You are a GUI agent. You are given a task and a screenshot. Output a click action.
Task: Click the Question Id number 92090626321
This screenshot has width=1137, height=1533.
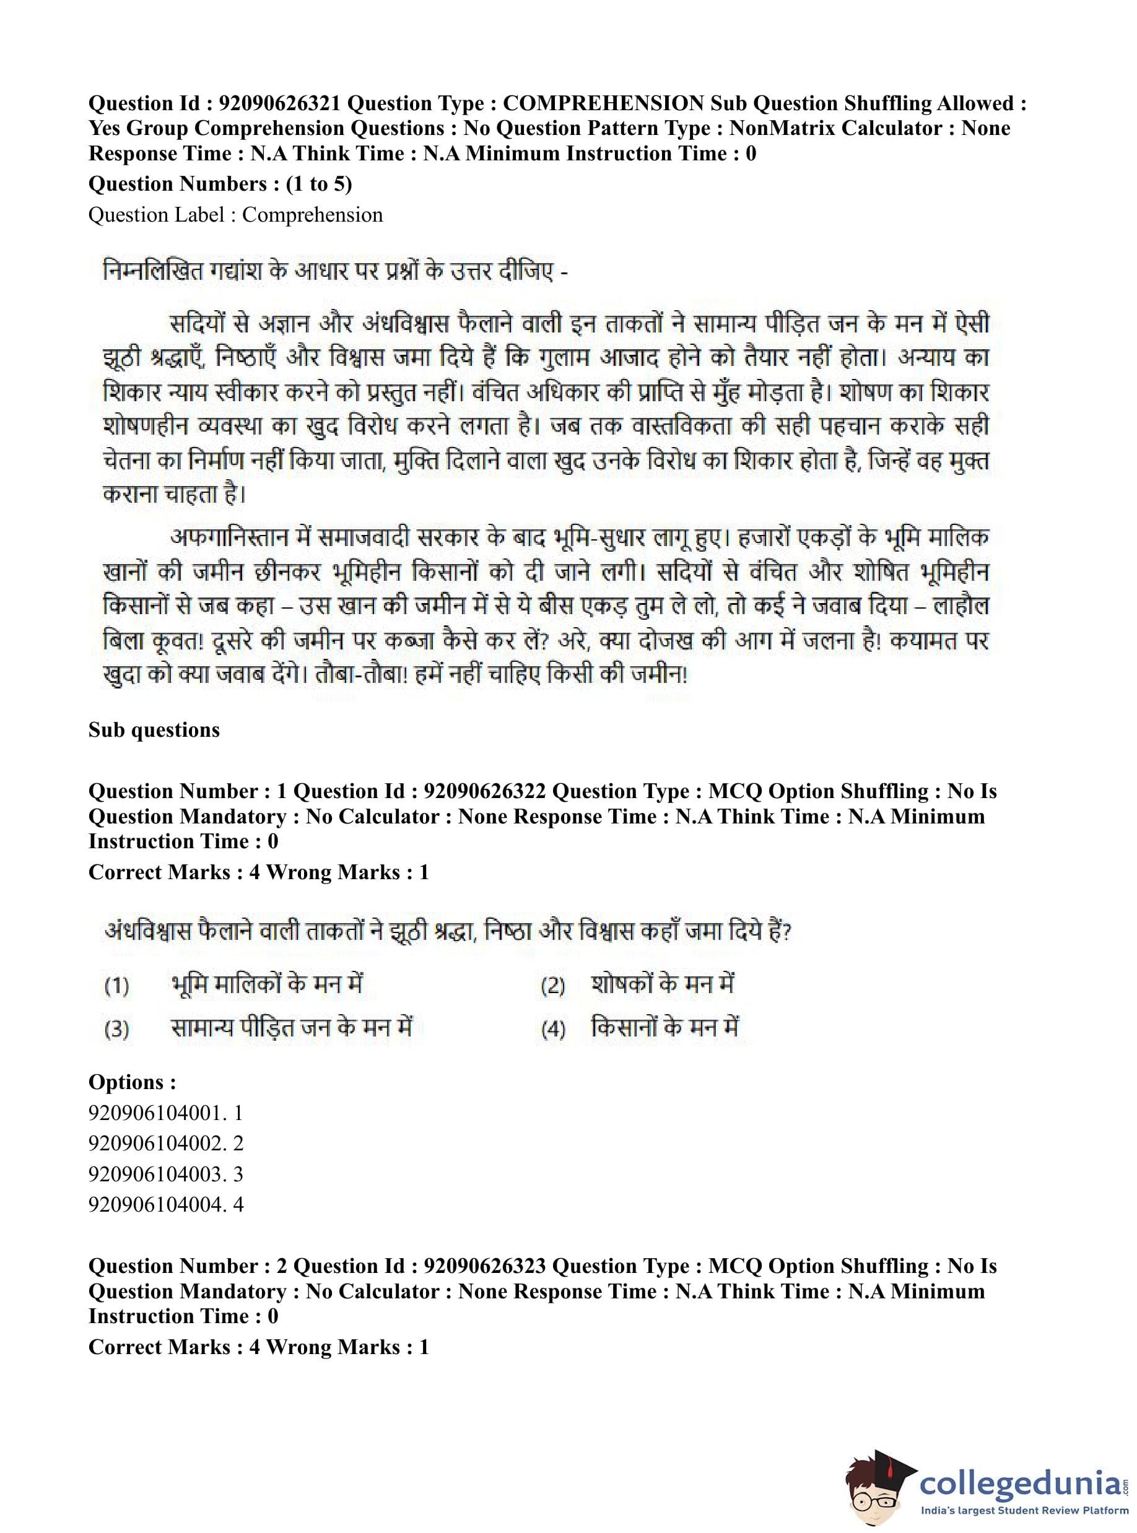point(279,103)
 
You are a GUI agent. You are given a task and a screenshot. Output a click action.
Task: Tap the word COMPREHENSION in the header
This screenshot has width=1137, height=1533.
point(603,103)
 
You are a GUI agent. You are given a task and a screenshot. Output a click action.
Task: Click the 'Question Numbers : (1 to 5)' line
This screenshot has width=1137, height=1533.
point(220,184)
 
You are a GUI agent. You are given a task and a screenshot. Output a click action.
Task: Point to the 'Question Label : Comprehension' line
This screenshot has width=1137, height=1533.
point(235,215)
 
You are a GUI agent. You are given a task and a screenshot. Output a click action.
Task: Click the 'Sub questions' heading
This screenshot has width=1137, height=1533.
point(154,729)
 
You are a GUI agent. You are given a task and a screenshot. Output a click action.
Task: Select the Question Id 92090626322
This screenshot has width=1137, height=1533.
point(484,791)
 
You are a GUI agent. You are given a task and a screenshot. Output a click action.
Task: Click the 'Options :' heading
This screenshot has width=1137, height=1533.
point(132,1082)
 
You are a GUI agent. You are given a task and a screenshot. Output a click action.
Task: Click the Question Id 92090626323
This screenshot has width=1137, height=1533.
point(484,1266)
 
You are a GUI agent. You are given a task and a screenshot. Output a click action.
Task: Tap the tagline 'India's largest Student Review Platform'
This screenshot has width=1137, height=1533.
point(1025,1511)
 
